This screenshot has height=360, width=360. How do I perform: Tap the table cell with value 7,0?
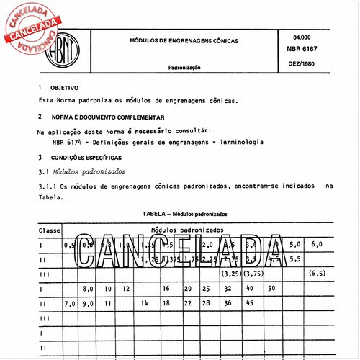[x=70, y=303]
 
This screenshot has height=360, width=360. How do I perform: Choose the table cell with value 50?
[x=271, y=288]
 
